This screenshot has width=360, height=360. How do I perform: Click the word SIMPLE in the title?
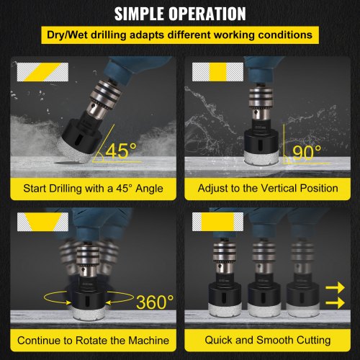click(140, 14)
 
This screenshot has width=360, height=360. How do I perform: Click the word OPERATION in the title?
click(207, 14)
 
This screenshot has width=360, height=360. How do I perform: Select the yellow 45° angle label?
click(121, 150)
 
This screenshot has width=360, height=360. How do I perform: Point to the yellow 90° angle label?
click(307, 153)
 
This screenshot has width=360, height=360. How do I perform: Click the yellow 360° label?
click(155, 302)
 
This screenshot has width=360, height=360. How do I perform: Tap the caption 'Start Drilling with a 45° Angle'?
click(93, 189)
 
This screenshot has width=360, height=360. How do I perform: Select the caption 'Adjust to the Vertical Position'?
click(268, 188)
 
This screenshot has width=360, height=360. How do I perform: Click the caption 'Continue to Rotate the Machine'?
click(93, 341)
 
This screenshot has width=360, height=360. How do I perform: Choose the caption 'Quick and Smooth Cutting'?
click(268, 340)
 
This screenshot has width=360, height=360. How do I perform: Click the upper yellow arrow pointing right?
click(335, 287)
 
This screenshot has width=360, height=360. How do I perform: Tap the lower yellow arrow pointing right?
click(335, 302)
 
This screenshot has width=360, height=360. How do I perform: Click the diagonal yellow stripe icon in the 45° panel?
click(42, 72)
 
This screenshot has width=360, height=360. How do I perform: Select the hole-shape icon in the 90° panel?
click(217, 72)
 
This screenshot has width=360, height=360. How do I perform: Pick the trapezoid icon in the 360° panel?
click(42, 222)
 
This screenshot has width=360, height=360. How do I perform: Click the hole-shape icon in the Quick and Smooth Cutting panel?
click(217, 222)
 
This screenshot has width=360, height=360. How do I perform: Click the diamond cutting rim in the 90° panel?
click(261, 157)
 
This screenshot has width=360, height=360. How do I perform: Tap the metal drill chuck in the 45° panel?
click(105, 99)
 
